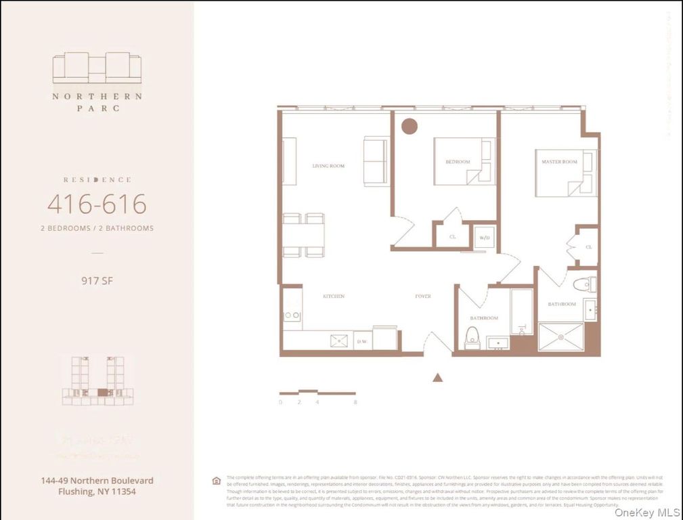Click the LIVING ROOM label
click(x=328, y=166)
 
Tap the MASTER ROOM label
click(x=559, y=162)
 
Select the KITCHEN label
click(x=333, y=297)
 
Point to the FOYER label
click(x=423, y=297)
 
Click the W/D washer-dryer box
click(x=484, y=237)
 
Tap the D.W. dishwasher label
click(x=362, y=342)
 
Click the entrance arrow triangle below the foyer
click(x=438, y=378)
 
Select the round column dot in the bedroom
click(x=409, y=126)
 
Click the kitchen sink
click(x=338, y=341)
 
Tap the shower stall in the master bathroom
click(x=560, y=337)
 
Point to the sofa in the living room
click(x=376, y=161)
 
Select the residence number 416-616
click(x=97, y=204)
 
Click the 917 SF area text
click(x=97, y=280)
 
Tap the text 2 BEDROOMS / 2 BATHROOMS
click(x=97, y=228)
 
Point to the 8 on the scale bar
click(x=355, y=402)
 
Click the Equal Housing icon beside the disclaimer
click(x=217, y=481)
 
